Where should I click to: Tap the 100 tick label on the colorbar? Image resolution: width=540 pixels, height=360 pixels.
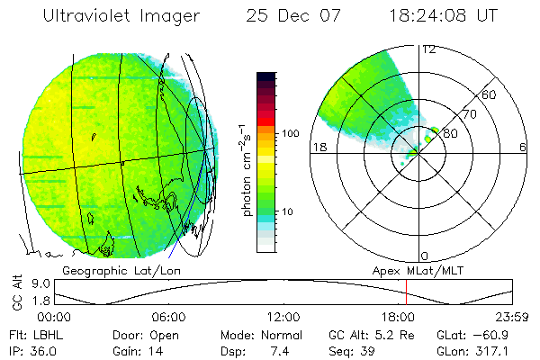click(291, 133)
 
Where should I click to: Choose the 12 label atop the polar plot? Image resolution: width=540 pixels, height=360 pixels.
click(428, 49)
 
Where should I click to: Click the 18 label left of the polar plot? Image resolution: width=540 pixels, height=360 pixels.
click(318, 148)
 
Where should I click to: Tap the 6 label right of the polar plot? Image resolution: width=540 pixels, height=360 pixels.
click(522, 148)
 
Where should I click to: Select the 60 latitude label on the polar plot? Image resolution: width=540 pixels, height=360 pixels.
click(490, 94)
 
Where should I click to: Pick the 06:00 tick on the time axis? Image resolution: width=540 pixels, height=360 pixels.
click(169, 317)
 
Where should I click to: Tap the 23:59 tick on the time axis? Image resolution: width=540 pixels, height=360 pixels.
click(514, 317)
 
